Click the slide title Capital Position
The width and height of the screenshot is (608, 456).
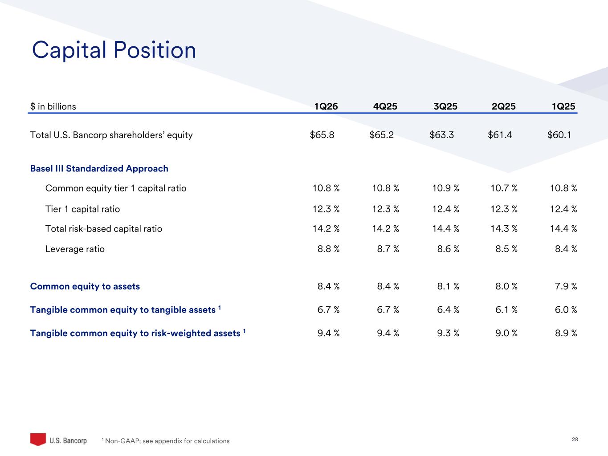coord(114,50)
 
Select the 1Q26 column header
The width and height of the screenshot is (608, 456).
coord(326,106)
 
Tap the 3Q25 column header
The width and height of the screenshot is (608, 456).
coord(445,106)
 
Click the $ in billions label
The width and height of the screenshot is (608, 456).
coord(53,106)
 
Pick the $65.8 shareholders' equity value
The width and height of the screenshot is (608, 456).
coord(322,135)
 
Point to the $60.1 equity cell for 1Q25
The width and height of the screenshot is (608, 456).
coord(559,135)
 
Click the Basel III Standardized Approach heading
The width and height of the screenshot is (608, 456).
coord(99,169)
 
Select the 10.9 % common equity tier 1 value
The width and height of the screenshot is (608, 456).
coord(446,188)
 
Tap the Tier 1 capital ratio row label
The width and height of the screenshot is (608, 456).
coord(82,209)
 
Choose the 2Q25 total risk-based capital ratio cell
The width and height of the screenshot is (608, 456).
coord(504,229)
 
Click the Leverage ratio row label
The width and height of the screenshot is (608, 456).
coord(75,249)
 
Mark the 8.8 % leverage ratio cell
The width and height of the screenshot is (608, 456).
coord(328,249)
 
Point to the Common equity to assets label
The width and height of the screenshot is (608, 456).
coord(85,286)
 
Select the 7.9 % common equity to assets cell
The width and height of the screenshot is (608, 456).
coord(566,286)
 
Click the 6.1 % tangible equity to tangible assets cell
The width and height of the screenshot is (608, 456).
coord(506,309)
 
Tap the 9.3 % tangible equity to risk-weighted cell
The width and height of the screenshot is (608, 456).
coord(448,333)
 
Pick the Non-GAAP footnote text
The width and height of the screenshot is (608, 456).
coord(166,441)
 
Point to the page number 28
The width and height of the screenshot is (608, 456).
coord(575,440)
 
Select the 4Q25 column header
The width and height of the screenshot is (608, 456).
coord(385,106)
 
